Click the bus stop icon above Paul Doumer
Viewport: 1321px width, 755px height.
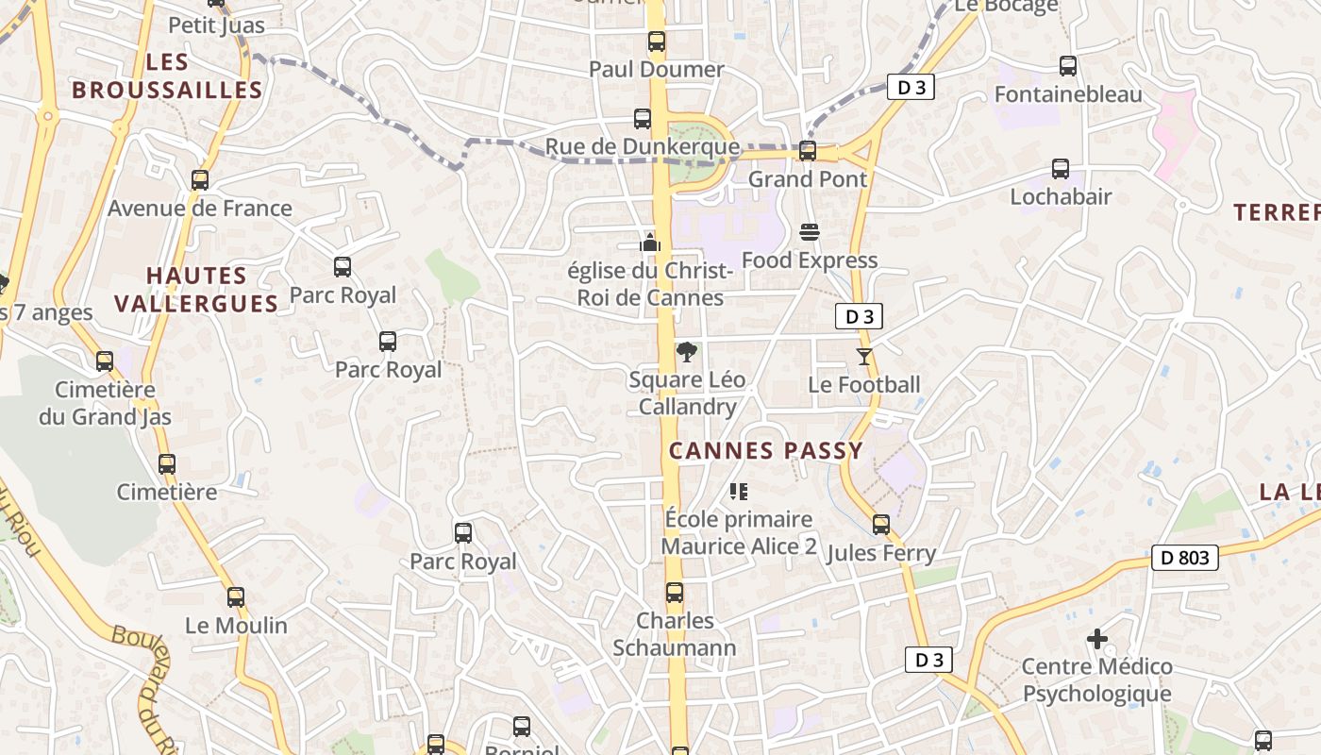tap(656, 42)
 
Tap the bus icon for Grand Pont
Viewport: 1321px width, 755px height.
tap(807, 150)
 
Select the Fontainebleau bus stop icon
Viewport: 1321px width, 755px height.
tap(1067, 66)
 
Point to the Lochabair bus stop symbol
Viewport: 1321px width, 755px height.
tap(1061, 169)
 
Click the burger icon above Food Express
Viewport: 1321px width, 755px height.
tap(809, 231)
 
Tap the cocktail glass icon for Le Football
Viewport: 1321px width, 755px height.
tap(863, 356)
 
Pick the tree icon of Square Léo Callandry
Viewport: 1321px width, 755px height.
tap(687, 352)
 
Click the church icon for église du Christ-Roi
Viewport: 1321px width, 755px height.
tap(649, 243)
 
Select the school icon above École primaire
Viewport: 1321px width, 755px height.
tap(738, 491)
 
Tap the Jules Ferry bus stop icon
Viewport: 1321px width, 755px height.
tap(880, 525)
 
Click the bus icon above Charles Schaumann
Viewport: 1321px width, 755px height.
tap(674, 593)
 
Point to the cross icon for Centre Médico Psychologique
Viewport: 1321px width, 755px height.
tap(1096, 639)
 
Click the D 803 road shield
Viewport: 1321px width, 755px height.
tap(1185, 558)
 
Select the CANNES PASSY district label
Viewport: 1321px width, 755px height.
tap(766, 450)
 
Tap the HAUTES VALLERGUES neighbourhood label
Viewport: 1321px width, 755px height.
tap(196, 289)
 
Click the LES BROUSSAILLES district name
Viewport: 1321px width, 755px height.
tap(167, 76)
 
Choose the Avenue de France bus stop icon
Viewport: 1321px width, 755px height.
tap(199, 179)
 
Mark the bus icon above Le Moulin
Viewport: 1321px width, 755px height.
tap(235, 597)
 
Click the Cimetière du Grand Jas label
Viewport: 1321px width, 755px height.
tap(105, 403)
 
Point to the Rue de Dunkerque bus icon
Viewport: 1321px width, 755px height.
tap(642, 118)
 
